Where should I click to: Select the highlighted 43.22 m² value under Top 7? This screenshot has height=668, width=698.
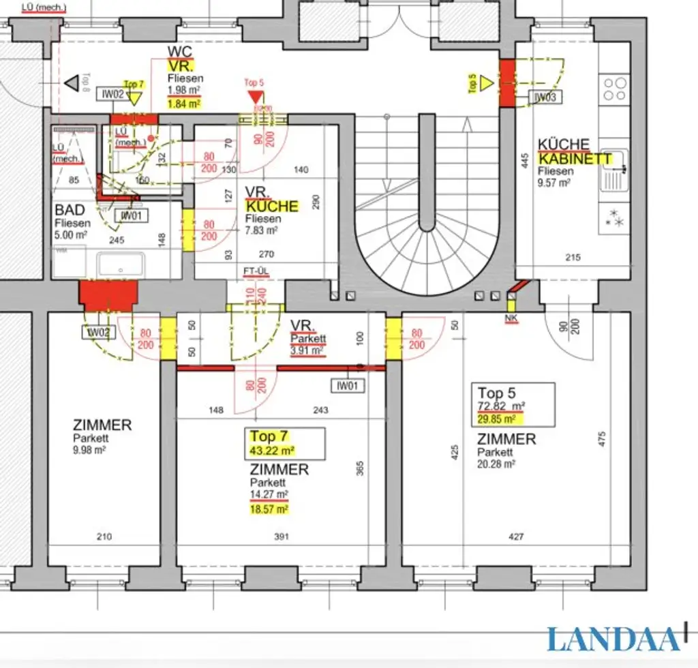pos(272,451)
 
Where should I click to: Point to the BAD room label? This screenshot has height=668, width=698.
pos(70,211)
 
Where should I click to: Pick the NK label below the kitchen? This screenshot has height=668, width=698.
pos(511,318)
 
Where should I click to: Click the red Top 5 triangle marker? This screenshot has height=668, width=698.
pos(255,97)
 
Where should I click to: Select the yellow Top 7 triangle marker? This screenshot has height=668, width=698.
pos(134,98)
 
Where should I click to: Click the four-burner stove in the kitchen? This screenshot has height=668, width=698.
pos(615,89)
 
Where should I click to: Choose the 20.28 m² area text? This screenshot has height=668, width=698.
pos(496,464)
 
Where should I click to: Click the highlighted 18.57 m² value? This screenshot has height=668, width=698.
pos(269,508)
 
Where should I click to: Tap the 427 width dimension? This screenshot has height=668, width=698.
pos(516,537)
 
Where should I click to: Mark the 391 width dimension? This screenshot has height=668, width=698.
pos(281,537)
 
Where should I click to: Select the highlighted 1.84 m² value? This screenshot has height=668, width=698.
pos(183,104)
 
